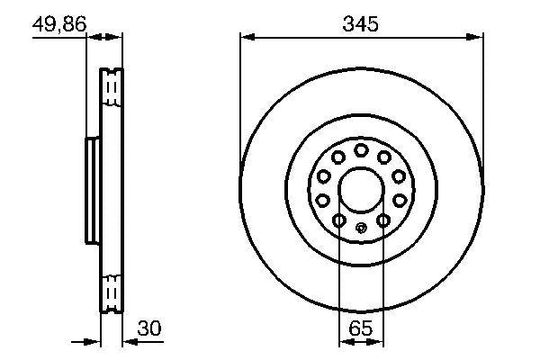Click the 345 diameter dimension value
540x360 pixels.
361,24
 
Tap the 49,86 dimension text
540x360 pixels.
58,24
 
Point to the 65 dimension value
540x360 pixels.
360,329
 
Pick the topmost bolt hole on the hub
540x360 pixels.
360,149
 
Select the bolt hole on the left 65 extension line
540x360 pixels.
338,220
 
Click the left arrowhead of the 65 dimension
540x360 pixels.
344,342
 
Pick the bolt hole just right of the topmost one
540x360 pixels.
384,157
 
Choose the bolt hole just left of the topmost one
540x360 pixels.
336,157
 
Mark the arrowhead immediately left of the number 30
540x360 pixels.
127,342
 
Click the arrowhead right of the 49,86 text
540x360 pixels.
115,37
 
